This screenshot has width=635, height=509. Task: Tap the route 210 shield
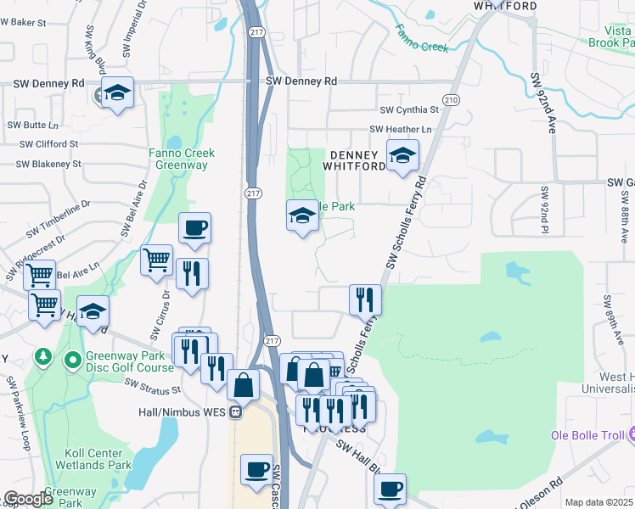pos(450,100)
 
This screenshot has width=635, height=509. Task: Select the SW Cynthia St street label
pos(409,110)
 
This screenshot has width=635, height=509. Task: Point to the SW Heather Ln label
pos(401,129)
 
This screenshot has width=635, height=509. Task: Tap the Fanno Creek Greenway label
pos(182,159)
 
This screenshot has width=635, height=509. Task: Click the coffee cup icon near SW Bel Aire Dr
pos(195,227)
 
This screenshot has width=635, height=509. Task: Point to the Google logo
pos(28,500)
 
